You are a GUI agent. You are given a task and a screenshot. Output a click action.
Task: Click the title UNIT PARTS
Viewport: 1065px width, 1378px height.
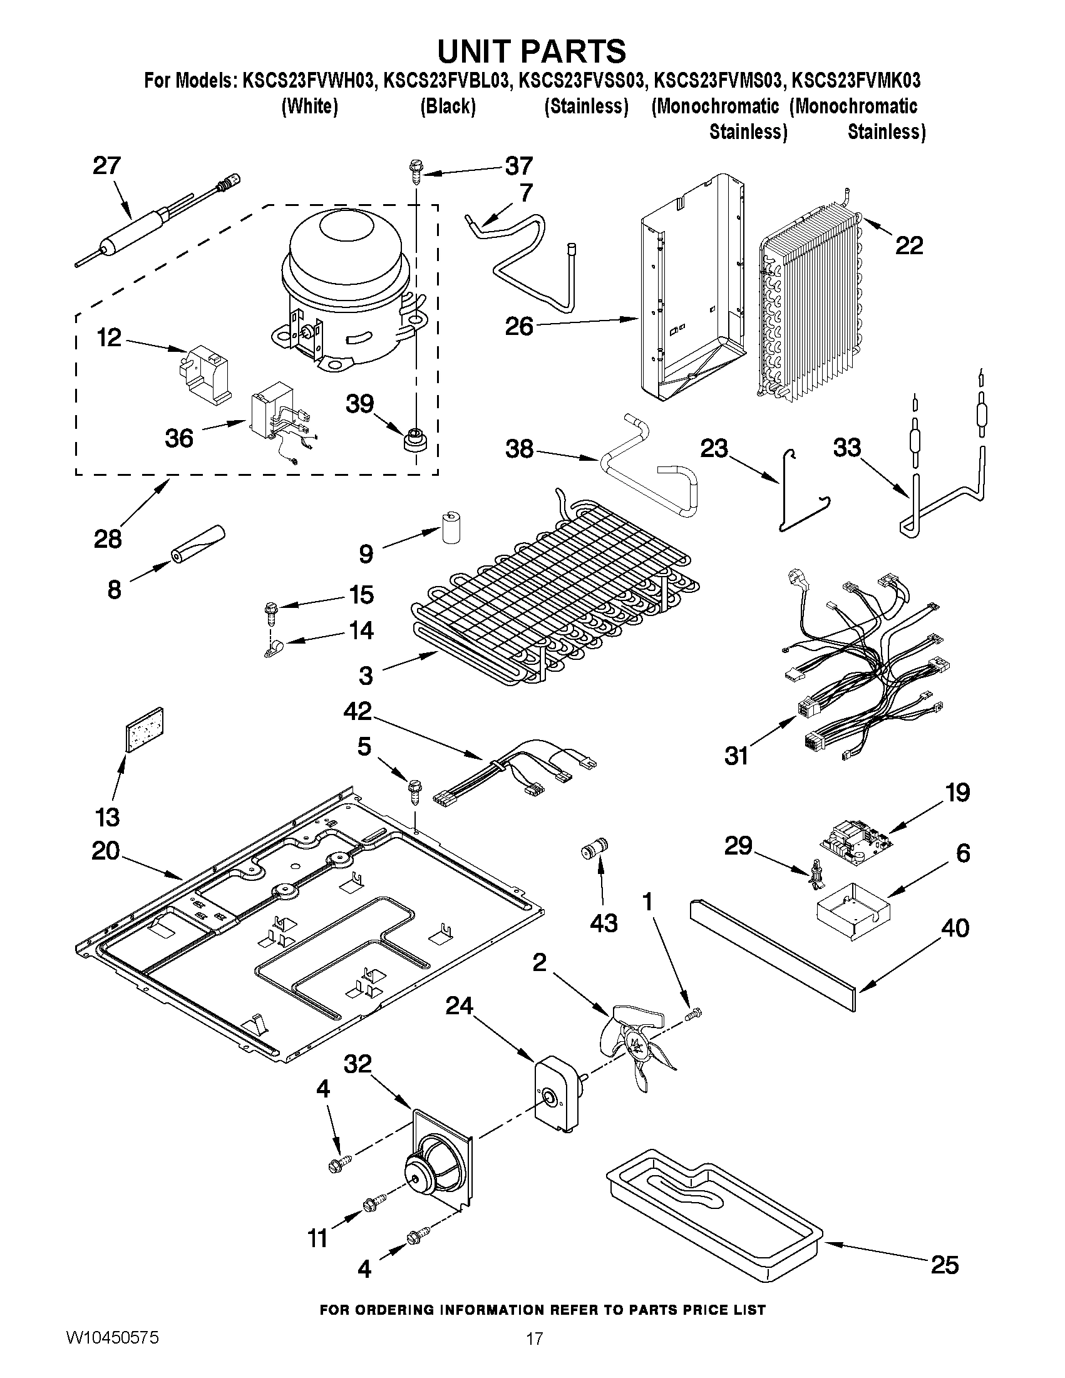click(532, 51)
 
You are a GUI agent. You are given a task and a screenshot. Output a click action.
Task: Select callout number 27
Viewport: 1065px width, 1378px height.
click(106, 166)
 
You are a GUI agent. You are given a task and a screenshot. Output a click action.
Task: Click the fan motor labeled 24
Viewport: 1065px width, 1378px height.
click(556, 1098)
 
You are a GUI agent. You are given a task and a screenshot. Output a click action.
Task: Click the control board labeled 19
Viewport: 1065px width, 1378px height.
click(854, 841)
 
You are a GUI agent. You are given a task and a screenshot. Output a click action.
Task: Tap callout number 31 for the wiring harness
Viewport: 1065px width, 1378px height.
click(736, 755)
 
